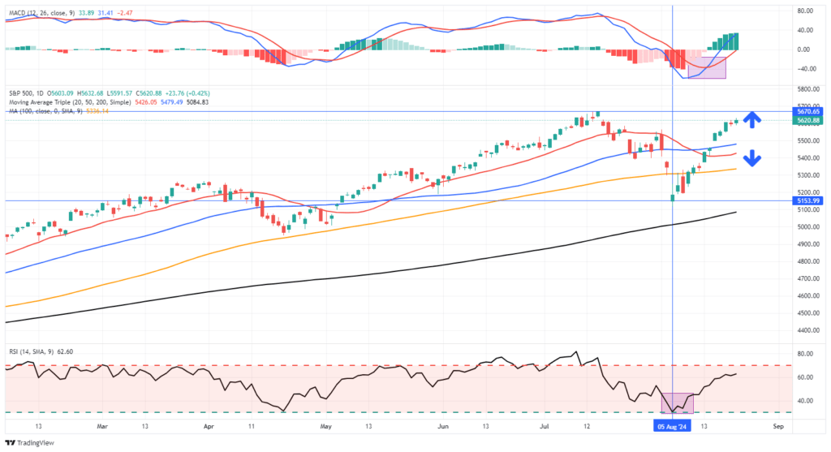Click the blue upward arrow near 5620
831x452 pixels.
click(753, 119)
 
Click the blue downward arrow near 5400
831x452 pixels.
click(752, 157)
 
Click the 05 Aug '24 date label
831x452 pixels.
click(673, 424)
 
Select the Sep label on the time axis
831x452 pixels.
click(777, 424)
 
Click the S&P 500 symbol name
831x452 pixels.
click(20, 93)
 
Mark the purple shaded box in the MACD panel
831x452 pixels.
click(706, 67)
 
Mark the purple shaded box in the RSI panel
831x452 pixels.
click(678, 402)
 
